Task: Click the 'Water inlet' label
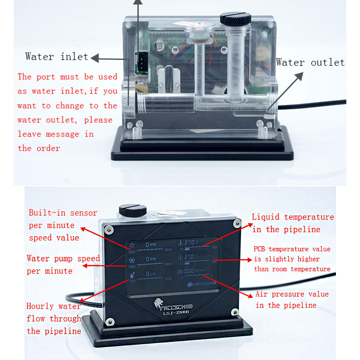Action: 57,57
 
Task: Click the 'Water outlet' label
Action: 310,62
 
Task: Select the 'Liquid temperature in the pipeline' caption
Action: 293,223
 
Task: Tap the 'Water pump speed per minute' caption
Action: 63,265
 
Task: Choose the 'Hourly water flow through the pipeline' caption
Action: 54,319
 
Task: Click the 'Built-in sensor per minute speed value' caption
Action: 63,225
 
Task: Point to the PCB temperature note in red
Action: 292,259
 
